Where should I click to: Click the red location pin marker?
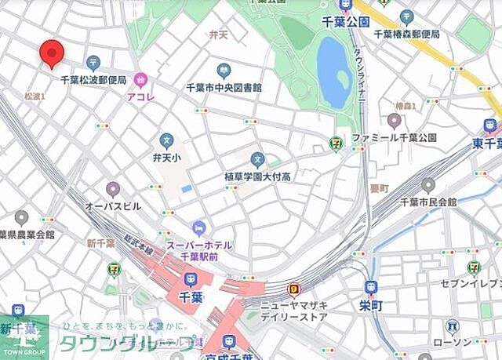coord(51,52)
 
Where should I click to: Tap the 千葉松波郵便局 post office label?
coord(93,80)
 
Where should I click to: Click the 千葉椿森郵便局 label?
coord(406,34)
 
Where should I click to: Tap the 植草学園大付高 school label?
coord(257,176)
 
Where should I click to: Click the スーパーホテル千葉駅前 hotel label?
coord(199,250)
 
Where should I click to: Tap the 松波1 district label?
coord(35,96)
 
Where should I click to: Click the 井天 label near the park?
coord(217,35)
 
